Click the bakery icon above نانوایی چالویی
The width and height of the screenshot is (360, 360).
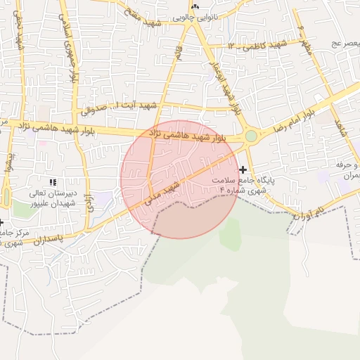pos(195,6)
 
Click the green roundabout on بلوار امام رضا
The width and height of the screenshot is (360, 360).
pos(251,136)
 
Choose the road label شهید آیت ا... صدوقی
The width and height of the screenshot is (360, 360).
pos(120,106)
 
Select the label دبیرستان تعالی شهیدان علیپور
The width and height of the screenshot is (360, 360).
pos(48,198)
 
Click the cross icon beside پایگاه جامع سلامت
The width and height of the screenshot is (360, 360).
pos(243,169)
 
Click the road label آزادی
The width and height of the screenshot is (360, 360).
pos(90,205)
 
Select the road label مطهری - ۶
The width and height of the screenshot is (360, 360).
pos(305,38)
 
